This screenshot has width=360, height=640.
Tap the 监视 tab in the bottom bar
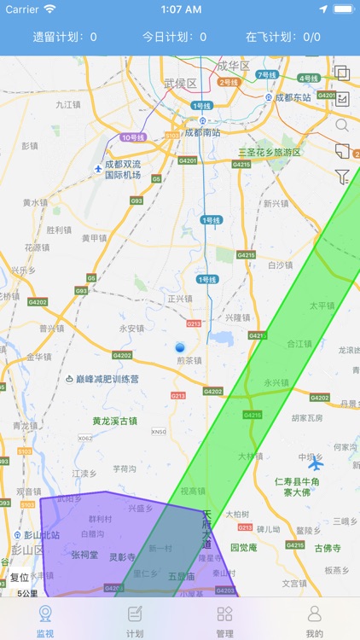pos(45,620)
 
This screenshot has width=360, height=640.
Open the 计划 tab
pos(135,620)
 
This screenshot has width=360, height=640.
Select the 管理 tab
pos(224,620)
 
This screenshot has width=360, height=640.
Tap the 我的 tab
pos(314,620)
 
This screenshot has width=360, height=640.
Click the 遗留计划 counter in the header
pos(65,37)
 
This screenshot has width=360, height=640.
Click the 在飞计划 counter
pos(283,37)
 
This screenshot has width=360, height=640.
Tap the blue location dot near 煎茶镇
pos(180,348)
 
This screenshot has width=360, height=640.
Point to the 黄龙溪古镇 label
pos(114,421)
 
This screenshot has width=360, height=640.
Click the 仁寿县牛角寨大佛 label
pos(297,486)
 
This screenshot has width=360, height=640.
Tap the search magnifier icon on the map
pos(342,125)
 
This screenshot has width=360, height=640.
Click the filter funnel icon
pos(342,177)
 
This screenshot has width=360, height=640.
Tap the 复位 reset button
pos(19,577)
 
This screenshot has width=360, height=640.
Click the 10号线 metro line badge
pos(133,137)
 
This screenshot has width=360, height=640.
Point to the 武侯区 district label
pos(180,84)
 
